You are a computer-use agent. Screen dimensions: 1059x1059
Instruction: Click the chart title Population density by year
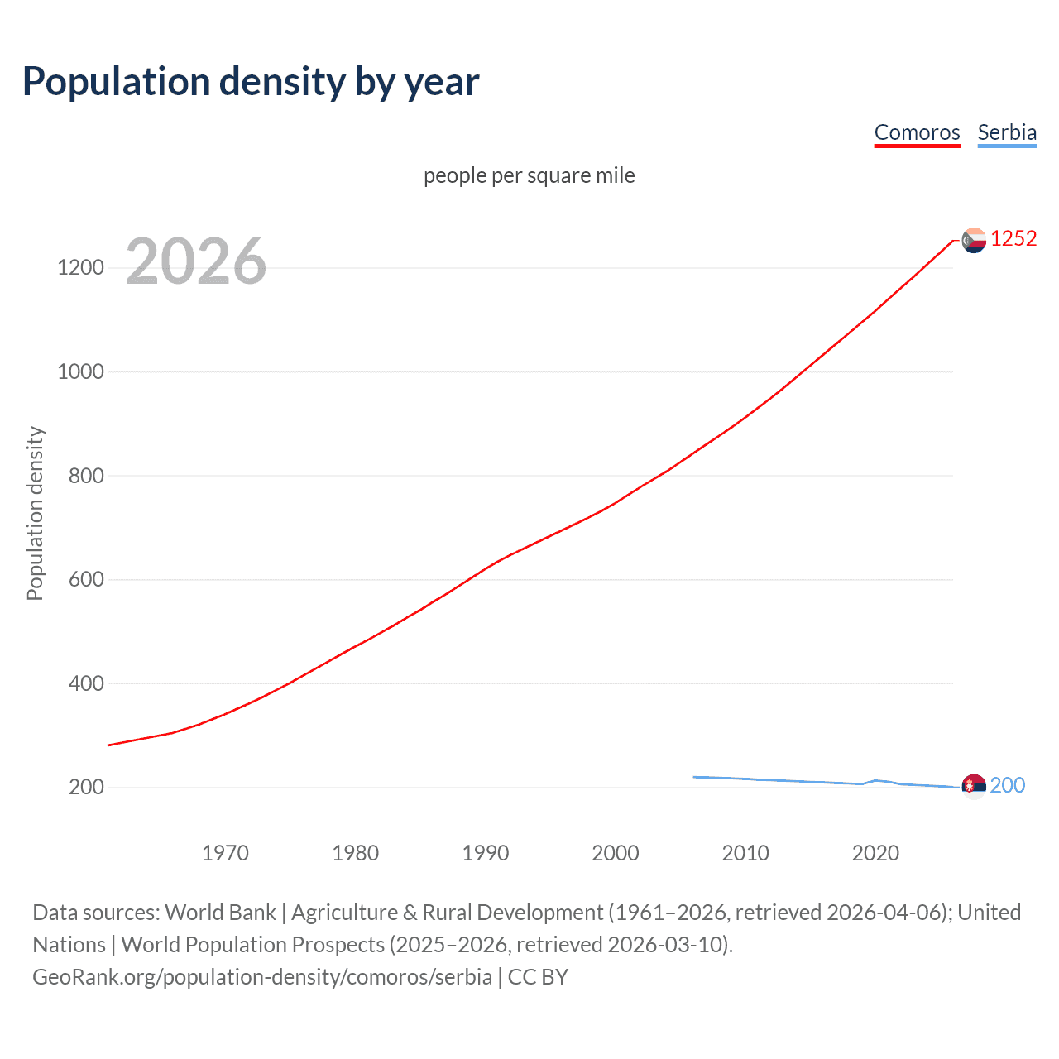pos(251,82)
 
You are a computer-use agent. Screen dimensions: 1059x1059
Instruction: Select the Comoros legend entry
pos(917,132)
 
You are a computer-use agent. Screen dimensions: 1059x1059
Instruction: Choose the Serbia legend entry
pos(1007,132)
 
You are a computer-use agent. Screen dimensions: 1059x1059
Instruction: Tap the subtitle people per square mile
pos(529,175)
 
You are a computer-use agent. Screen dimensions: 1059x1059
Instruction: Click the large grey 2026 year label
pos(196,261)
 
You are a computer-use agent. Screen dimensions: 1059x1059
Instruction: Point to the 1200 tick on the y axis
pos(80,267)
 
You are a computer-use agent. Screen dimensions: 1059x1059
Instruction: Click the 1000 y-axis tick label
pos(80,371)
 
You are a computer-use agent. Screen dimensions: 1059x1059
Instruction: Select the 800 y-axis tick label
pos(86,476)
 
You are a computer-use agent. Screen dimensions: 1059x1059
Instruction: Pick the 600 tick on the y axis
pos(86,579)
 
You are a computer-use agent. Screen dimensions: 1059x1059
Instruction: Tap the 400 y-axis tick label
pos(86,683)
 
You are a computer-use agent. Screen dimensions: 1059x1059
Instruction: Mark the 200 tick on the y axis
pos(86,787)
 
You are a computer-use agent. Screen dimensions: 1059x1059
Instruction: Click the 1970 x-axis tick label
pos(225,853)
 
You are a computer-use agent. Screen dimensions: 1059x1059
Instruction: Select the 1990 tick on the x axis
pos(486,853)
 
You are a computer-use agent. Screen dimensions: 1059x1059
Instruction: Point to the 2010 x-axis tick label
pos(745,853)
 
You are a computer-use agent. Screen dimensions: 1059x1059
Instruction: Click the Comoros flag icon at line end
pos(974,240)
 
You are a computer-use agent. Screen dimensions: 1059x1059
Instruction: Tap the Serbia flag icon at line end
pos(974,786)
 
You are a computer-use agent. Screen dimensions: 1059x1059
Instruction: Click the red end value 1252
pos(1013,239)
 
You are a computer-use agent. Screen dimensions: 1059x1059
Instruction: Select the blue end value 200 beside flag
pos(1008,785)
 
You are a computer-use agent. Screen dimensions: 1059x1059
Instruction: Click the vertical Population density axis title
pos(35,513)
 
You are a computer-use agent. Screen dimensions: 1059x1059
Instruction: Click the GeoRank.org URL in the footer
pos(262,977)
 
